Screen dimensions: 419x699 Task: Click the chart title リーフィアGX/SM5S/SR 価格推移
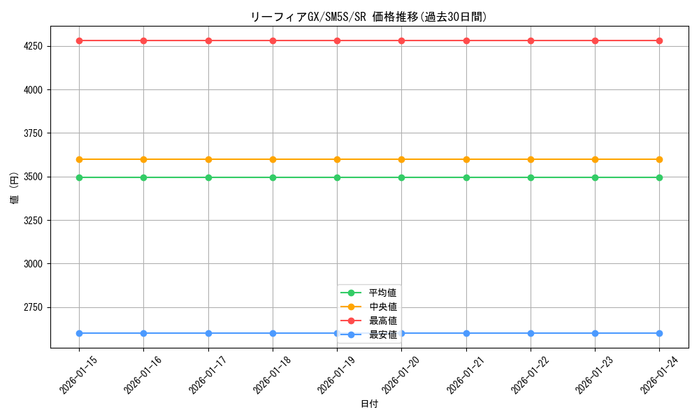click(x=368, y=17)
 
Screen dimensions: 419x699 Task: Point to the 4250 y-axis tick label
click(x=33, y=46)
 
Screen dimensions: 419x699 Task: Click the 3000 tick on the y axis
click(x=33, y=264)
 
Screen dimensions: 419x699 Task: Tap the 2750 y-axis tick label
click(x=33, y=307)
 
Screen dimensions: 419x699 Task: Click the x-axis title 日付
click(x=369, y=404)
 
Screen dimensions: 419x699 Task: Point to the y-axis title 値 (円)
click(x=15, y=188)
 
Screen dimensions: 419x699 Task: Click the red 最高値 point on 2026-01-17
click(x=208, y=41)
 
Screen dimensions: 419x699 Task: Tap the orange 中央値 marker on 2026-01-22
click(x=531, y=159)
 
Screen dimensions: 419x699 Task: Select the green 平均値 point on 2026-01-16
click(x=143, y=177)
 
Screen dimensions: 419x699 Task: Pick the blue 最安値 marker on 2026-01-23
click(x=595, y=333)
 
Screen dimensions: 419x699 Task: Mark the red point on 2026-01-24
click(x=659, y=41)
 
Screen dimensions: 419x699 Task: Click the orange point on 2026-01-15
click(x=79, y=159)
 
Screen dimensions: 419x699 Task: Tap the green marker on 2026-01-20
click(x=401, y=177)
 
